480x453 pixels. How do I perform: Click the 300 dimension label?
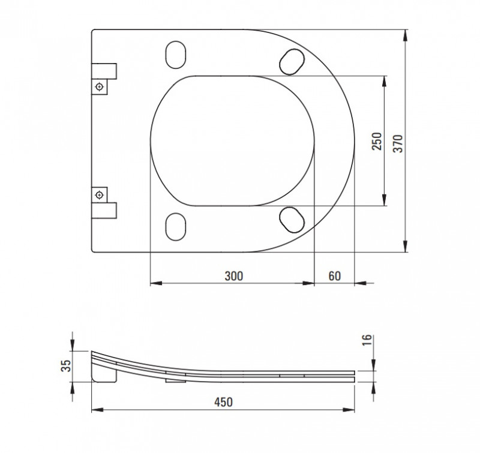(234, 276)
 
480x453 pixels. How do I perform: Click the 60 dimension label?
(335, 276)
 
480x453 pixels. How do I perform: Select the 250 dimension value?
(377, 141)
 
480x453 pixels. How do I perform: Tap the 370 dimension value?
(398, 143)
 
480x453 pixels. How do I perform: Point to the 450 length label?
(223, 402)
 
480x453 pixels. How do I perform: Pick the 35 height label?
(66, 366)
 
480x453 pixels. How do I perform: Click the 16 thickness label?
(367, 340)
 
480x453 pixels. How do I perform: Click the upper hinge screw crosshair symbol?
(99, 87)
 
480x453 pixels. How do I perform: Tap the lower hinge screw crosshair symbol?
(99, 194)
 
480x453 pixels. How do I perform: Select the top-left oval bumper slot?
(175, 55)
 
